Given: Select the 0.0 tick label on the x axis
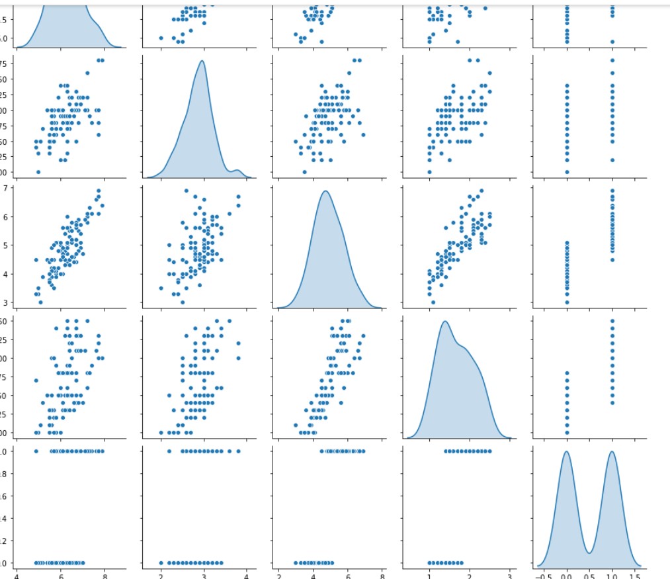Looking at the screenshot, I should pos(567,576).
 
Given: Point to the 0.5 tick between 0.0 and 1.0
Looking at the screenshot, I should pos(589,576).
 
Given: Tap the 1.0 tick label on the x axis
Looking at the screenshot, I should pos(612,576).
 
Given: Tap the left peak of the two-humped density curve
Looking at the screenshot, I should pos(566,452).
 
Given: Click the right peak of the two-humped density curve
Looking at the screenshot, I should pos(612,452).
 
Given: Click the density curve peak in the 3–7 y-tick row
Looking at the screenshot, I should pos(325,191).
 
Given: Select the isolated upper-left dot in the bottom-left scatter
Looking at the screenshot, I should pos(36,451).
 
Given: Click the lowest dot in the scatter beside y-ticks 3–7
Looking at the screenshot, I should pos(40,302).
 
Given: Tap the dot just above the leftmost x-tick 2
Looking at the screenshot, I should pos(161,563).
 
